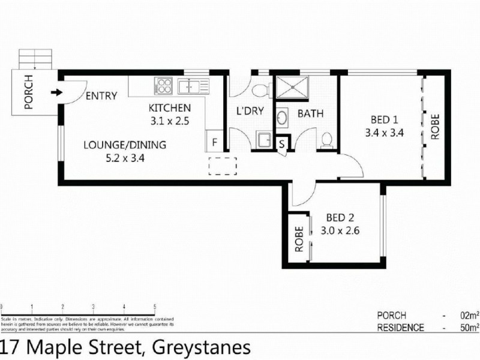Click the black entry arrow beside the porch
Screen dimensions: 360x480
point(56,92)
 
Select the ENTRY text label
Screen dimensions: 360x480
point(101,96)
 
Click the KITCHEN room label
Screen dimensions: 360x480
point(170,108)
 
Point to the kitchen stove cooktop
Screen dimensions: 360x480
point(163,86)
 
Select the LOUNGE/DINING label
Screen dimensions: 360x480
point(124,145)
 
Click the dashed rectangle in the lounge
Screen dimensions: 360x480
point(223,165)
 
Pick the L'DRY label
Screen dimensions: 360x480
point(247,112)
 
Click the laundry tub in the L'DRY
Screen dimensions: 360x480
point(264,140)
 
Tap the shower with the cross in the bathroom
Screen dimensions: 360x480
point(293,88)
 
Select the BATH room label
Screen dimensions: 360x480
point(311,113)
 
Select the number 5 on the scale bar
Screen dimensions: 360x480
point(155,306)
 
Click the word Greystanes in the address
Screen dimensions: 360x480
point(200,347)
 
